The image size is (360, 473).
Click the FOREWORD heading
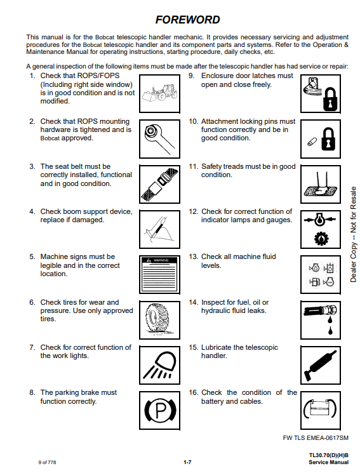point(187,20)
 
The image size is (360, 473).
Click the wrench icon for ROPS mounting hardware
point(159,138)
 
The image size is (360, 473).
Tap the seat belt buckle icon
point(159,184)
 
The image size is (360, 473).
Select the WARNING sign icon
point(159,274)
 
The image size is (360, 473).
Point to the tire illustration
point(158,319)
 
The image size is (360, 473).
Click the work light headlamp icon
point(159,364)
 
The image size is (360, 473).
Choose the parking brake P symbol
point(160,410)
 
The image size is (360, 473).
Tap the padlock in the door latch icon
point(330,99)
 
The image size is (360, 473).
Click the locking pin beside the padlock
point(312,142)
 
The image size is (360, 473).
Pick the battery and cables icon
point(320,409)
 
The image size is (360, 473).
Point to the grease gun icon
point(319,365)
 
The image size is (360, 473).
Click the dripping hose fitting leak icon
point(320,319)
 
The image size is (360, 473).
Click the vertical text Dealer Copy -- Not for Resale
point(353,234)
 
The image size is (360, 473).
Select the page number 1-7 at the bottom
point(187,462)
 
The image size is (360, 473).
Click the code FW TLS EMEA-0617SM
point(316,437)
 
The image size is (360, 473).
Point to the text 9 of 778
point(48,462)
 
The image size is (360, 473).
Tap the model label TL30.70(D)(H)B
point(329,455)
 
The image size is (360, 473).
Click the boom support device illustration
point(159,230)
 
